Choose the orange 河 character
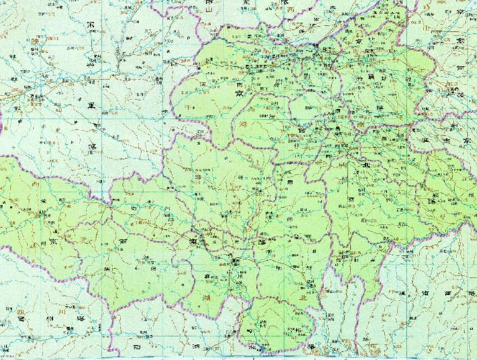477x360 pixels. click(243, 124)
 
